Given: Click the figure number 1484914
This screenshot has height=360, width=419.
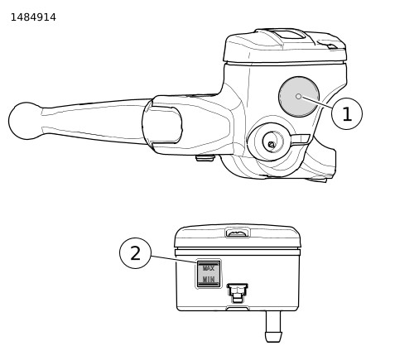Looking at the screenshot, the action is point(33,17).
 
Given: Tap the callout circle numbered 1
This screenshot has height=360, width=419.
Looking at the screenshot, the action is point(347,113).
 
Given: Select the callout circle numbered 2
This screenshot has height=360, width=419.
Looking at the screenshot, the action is point(135,253).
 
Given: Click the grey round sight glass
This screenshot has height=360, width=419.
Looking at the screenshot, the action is point(299,97).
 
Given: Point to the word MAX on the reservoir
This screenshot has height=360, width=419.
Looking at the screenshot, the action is point(209,268).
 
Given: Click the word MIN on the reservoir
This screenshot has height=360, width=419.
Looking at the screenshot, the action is point(209,280).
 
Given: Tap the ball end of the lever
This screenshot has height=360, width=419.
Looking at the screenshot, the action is point(26,121).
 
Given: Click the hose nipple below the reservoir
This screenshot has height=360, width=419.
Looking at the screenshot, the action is point(273,326).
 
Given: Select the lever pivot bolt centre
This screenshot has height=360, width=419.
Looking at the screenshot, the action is point(272,145).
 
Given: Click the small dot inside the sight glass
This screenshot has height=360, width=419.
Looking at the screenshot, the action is point(298,96).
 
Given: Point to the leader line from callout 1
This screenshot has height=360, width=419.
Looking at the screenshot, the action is point(317,102).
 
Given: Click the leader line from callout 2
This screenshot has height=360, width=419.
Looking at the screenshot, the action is point(174,259).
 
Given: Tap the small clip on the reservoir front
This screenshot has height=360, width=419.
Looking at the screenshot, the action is point(237,293).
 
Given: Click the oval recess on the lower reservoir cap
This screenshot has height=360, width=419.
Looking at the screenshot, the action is point(238,233).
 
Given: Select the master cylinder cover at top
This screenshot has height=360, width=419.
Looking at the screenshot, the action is point(285,46).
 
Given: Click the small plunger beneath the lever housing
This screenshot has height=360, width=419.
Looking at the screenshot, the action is point(205,158).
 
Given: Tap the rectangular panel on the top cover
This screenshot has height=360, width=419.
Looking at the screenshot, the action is point(289,35).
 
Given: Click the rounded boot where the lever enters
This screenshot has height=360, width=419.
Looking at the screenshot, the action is point(162,125).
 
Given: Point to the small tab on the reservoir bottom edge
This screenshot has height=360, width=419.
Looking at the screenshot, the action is point(238,308).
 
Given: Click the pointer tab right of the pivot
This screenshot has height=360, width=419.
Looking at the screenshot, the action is point(301,140).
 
